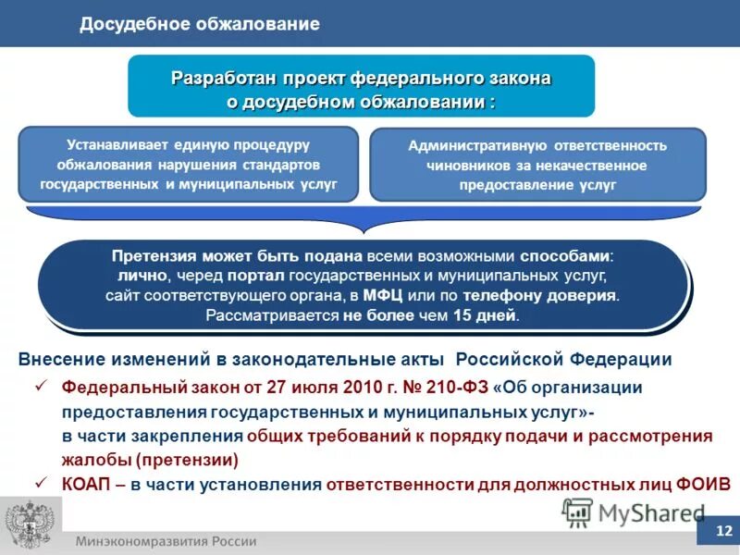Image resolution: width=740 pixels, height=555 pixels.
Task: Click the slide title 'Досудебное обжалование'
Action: [x=199, y=24]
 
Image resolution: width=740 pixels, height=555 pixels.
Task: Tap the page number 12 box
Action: [x=722, y=532]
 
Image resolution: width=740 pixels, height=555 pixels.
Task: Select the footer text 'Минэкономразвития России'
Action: [x=166, y=542]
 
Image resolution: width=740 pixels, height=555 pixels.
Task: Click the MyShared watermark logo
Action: [x=635, y=512]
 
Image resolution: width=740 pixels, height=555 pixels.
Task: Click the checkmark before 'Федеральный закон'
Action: [x=42, y=387]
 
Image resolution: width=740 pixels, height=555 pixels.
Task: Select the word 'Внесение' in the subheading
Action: [x=59, y=359]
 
